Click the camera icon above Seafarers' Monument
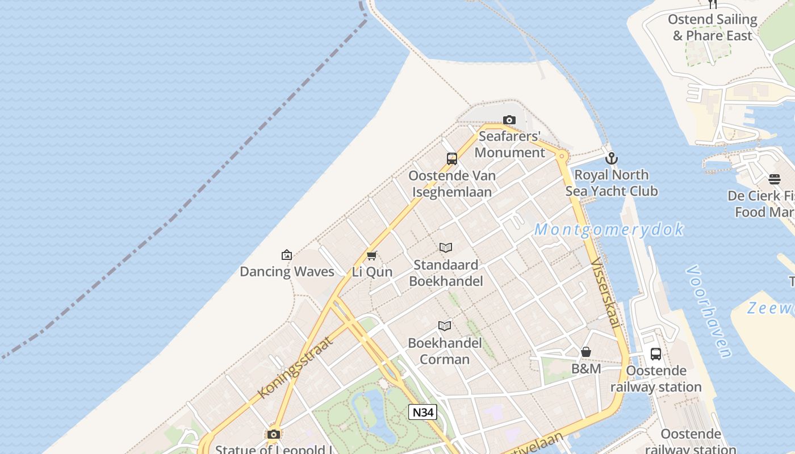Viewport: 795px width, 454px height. [509, 120]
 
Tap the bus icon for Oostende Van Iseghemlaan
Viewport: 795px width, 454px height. [452, 159]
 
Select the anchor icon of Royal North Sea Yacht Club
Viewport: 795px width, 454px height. [611, 158]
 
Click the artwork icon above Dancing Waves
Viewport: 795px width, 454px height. [287, 255]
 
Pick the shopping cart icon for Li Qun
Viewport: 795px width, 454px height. [372, 255]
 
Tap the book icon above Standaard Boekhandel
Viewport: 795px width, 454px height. [446, 248]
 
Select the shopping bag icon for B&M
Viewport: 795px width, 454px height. [586, 352]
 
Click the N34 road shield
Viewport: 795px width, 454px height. [422, 412]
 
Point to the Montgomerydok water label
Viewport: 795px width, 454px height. [609, 230]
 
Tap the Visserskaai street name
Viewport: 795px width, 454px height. [605, 293]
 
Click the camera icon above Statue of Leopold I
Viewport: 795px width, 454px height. [274, 435]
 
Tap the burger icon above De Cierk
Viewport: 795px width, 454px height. [775, 180]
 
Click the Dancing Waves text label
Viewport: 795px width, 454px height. [287, 272]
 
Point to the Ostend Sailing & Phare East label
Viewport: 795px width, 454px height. [712, 27]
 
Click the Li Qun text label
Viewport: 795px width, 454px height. [372, 272]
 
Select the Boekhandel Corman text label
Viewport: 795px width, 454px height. [445, 351]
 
